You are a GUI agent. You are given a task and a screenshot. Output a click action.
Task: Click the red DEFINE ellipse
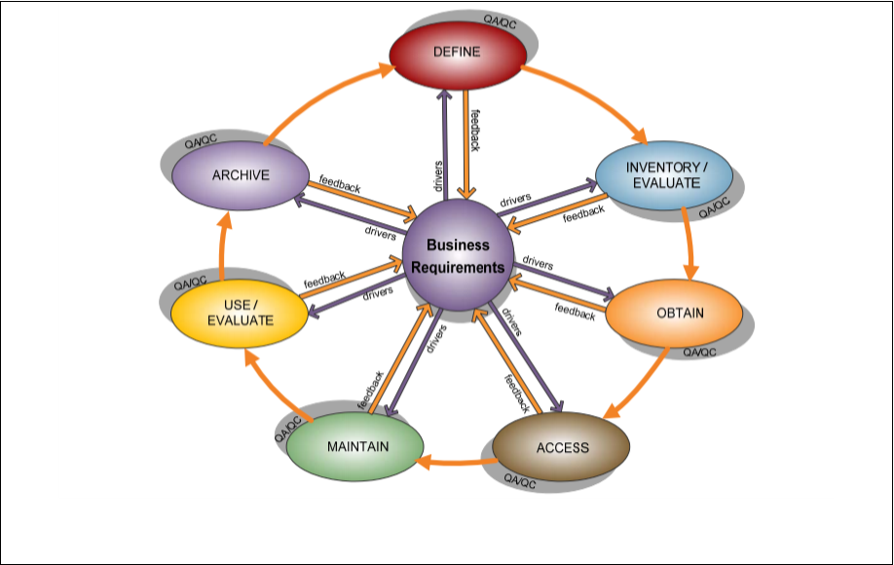click(x=457, y=53)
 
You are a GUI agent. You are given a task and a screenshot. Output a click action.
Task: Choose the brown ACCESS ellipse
click(x=561, y=447)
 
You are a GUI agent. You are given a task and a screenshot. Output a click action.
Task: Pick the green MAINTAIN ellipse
click(x=355, y=446)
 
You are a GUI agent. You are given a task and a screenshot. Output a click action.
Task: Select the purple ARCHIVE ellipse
click(x=241, y=175)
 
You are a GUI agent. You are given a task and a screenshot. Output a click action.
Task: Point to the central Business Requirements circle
click(x=458, y=256)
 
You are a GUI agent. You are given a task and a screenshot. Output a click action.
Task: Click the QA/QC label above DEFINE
click(x=500, y=21)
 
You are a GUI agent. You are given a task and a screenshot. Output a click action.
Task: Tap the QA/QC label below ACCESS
click(x=519, y=482)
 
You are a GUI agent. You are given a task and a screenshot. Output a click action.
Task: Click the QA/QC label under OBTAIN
click(x=699, y=352)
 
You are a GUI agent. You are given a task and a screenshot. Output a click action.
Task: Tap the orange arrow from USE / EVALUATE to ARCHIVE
click(x=223, y=248)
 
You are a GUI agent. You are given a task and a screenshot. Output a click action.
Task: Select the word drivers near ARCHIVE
click(x=380, y=232)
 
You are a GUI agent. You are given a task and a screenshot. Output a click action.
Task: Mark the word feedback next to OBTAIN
click(x=575, y=312)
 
